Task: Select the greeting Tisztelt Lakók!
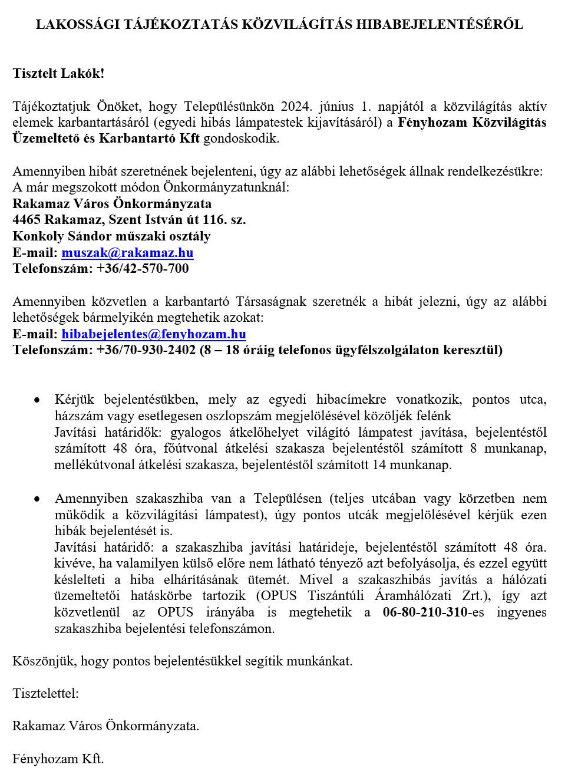pos(58,74)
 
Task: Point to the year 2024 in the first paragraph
pos(296,107)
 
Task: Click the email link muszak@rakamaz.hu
pos(127,253)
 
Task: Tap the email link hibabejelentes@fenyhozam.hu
pos(154,334)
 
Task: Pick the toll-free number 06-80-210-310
pos(425,612)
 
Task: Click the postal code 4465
pos(27,220)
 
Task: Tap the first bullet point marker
pos(37,400)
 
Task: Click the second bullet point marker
pos(37,499)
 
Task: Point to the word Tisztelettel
pos(45,694)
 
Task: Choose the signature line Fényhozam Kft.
pos(58,759)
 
